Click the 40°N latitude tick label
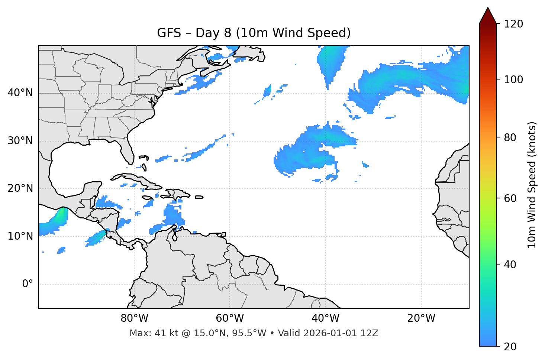click(x=20, y=93)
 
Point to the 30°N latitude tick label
click(x=20, y=141)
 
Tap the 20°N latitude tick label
click(x=20, y=188)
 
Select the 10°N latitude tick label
click(x=20, y=236)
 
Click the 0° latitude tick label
click(x=28, y=284)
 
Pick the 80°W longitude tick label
click(x=134, y=318)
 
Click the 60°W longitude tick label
click(x=230, y=318)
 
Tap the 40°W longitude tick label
click(x=325, y=318)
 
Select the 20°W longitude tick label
click(x=421, y=318)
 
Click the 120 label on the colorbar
click(x=513, y=24)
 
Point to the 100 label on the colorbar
click(x=513, y=80)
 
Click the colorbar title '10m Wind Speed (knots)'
click(x=532, y=185)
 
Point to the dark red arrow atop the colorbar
click(x=488, y=16)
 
